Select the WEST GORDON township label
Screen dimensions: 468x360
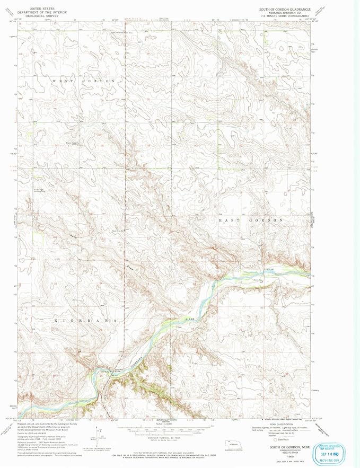[84, 80]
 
